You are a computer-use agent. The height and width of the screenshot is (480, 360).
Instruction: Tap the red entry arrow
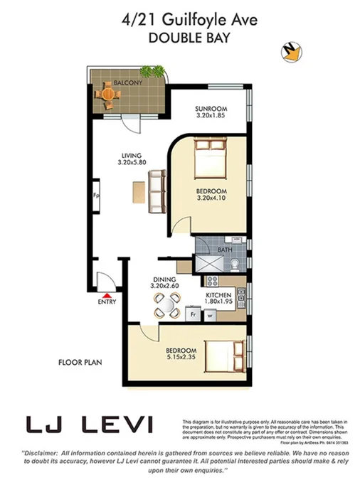tap(106, 294)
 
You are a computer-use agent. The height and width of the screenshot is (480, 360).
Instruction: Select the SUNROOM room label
tap(211, 110)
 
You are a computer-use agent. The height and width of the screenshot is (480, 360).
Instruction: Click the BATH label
tap(225, 250)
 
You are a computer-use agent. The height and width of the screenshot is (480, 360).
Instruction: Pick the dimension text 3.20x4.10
tap(211, 200)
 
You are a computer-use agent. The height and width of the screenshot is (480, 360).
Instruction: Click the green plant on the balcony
tap(151, 71)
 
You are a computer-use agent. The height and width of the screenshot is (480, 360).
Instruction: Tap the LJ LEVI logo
tap(89, 425)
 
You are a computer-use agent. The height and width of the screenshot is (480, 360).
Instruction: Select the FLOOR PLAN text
tap(80, 362)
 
